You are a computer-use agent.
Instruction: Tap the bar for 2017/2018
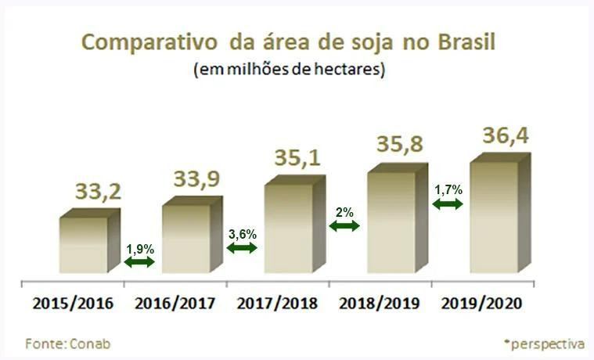tap(288, 228)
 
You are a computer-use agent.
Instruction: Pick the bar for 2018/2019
tap(391, 222)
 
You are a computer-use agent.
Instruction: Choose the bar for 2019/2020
tap(494, 217)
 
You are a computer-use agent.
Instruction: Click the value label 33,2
tap(99, 191)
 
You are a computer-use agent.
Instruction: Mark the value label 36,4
tap(505, 135)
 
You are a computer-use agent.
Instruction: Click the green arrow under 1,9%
tap(140, 262)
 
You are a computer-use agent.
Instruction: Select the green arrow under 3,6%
tap(242, 247)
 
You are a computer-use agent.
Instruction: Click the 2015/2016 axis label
tap(73, 302)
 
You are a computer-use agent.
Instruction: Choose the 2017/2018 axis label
tap(278, 302)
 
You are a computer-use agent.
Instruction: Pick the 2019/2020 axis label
tap(483, 302)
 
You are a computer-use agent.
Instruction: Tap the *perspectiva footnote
tap(545, 343)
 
